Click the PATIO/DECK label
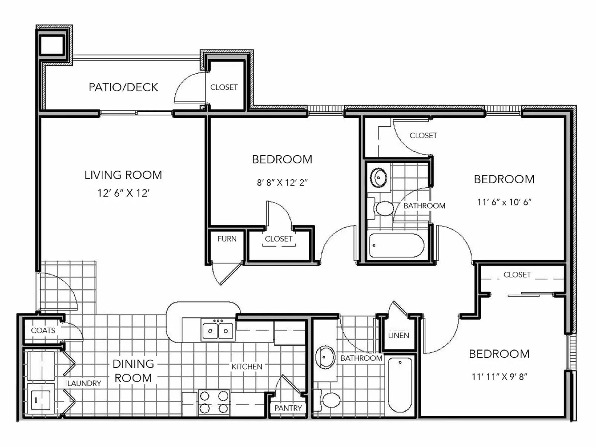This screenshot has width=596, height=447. click(x=123, y=87)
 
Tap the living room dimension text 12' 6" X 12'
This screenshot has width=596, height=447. click(x=123, y=193)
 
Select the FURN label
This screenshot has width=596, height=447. click(x=227, y=239)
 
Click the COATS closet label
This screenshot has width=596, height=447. click(x=43, y=330)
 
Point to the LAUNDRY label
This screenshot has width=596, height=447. click(x=84, y=383)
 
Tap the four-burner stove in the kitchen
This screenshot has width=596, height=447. click(x=214, y=402)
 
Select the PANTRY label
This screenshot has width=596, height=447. click(x=288, y=408)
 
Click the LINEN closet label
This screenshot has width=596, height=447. click(x=399, y=335)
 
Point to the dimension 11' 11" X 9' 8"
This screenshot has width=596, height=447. click(x=499, y=377)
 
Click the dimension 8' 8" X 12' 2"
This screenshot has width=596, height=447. click(x=282, y=183)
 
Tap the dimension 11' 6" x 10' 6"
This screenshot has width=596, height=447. click(x=504, y=202)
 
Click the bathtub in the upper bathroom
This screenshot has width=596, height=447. click(x=396, y=245)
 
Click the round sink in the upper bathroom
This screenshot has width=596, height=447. click(x=378, y=177)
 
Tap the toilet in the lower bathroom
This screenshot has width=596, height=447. click(x=330, y=400)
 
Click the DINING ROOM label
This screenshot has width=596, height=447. click(x=133, y=371)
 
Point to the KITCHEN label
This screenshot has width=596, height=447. click(x=247, y=367)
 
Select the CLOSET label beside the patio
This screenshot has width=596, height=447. click(x=224, y=87)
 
